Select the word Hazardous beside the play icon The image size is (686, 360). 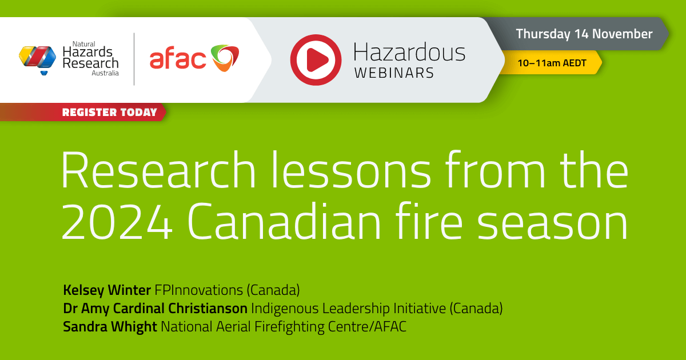[x=409, y=53]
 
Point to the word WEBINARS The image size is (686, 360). [x=394, y=73]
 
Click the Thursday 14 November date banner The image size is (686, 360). [x=584, y=34]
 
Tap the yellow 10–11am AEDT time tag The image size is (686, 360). [x=552, y=63]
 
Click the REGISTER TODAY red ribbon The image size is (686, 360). [x=109, y=112]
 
